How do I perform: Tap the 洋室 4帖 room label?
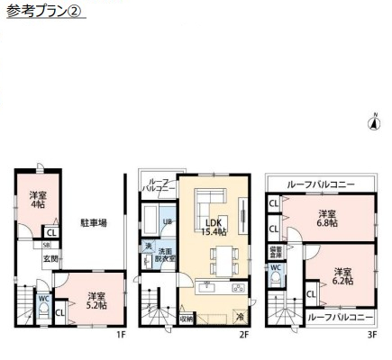point(36,201)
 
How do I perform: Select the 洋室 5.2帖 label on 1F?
point(96,300)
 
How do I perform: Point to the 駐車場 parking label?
point(93,220)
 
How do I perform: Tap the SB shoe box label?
point(48,244)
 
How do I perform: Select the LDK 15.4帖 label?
point(213,227)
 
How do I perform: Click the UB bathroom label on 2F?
point(168,221)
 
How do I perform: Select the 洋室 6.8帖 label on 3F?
point(325,218)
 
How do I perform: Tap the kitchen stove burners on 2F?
point(237,289)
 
